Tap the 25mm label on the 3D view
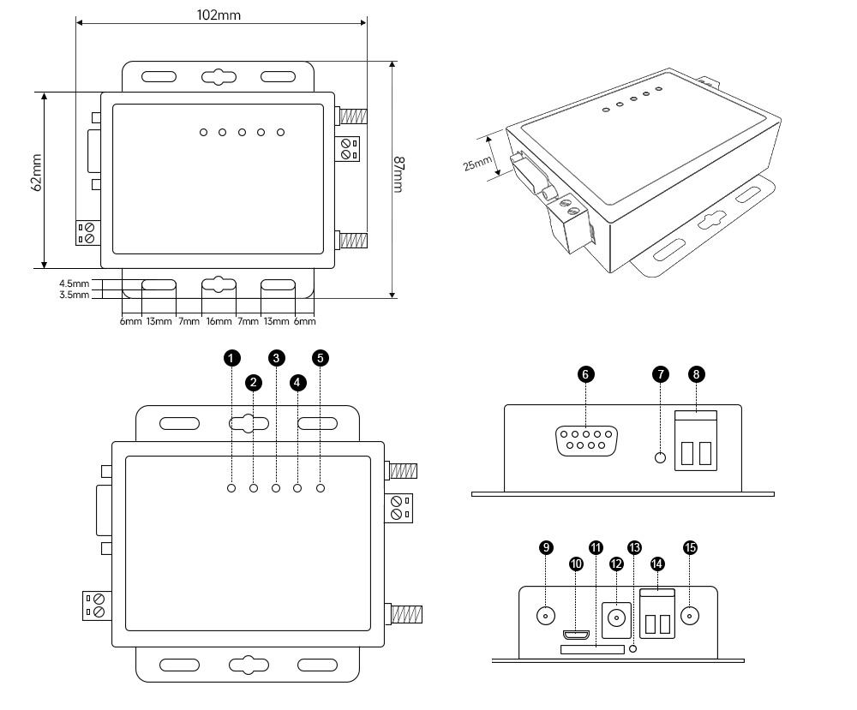pyautogui.click(x=476, y=158)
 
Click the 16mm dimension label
pyautogui.click(x=219, y=322)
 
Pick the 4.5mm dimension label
pyautogui.click(x=74, y=283)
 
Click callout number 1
pyautogui.click(x=231, y=358)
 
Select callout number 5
pyautogui.click(x=321, y=358)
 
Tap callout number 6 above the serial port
pyautogui.click(x=585, y=374)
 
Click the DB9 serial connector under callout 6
pyautogui.click(x=585, y=442)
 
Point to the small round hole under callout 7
pyautogui.click(x=660, y=457)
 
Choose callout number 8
pyautogui.click(x=696, y=374)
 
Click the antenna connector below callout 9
pyautogui.click(x=544, y=615)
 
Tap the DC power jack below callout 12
pyautogui.click(x=616, y=617)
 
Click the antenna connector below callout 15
pyautogui.click(x=690, y=615)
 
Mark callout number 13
pyautogui.click(x=634, y=546)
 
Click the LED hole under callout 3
pyautogui.click(x=276, y=488)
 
